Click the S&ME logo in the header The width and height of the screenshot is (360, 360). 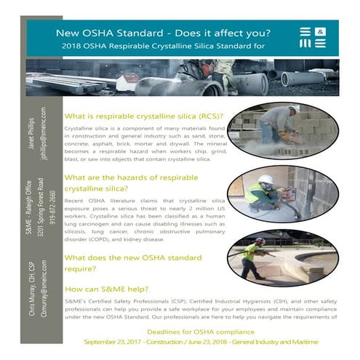[x=315, y=38]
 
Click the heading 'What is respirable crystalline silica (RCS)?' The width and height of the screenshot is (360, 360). [x=143, y=116]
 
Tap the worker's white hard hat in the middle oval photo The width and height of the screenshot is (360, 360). [x=266, y=179]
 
